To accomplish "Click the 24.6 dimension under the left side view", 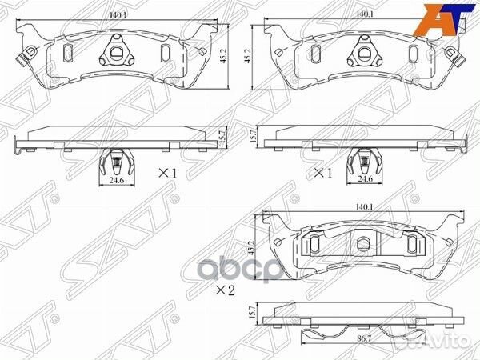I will coord(117,180).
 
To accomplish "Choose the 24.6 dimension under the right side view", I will coord(365,180).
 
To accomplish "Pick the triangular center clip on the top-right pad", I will coord(363,54).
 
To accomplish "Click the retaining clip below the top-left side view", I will coord(117,164).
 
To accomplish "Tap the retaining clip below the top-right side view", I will coord(365,164).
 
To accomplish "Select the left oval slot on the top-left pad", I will coord(68,53).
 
